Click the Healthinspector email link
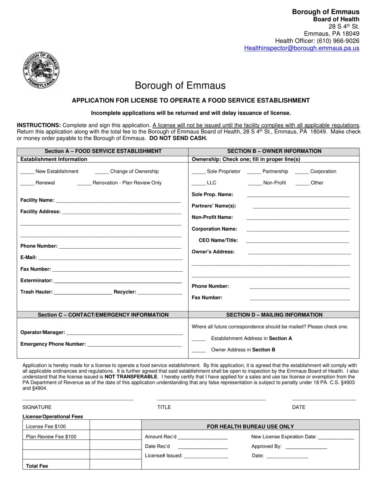(x=302, y=48)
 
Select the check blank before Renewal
(x=27, y=184)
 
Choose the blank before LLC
(x=199, y=184)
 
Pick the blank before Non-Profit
(x=255, y=184)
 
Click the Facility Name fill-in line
(x=118, y=201)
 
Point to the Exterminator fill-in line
(x=117, y=281)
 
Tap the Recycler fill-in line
(x=160, y=293)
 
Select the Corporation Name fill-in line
(x=298, y=230)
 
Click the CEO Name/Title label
(x=218, y=241)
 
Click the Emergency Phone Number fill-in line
(x=134, y=345)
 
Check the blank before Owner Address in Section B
(x=199, y=351)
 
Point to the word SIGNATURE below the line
(x=37, y=407)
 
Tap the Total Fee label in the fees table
(x=37, y=466)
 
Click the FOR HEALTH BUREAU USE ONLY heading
(x=250, y=427)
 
